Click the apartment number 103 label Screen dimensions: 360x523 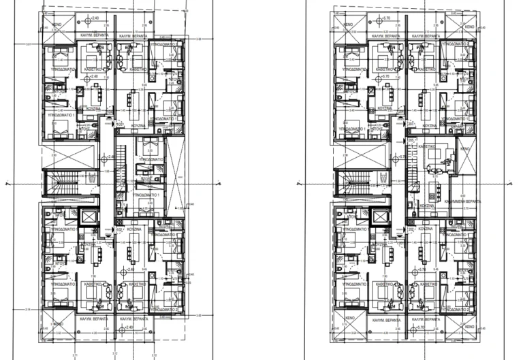coord(119,125)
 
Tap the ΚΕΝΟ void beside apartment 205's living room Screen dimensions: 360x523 coord(466,148)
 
